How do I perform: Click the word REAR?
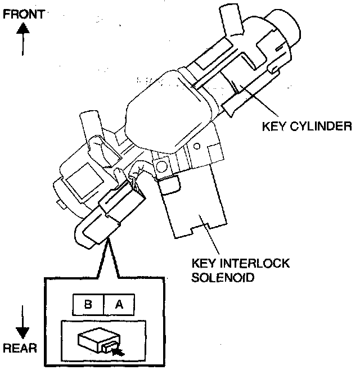20,348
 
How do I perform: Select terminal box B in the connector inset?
88,304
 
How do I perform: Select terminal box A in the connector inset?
119,304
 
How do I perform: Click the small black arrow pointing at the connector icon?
118,351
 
